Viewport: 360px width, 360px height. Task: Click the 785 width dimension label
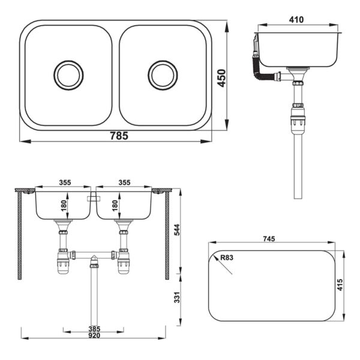tap(119, 136)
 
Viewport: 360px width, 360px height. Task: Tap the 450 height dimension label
tap(222, 78)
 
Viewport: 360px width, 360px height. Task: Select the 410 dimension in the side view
tap(296, 20)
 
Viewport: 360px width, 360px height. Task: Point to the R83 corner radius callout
tap(227, 257)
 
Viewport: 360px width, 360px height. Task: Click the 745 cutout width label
tap(269, 239)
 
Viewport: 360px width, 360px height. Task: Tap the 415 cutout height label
tap(340, 284)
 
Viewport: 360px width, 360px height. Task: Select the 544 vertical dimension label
tap(177, 230)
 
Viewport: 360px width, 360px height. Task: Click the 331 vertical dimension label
tap(177, 298)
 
